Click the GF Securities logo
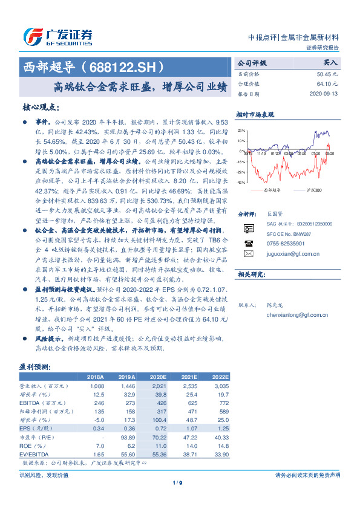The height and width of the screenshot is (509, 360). pyautogui.click(x=57, y=36)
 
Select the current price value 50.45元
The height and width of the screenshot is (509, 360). pyautogui.click(x=327, y=74)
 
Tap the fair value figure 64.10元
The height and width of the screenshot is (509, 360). pyautogui.click(x=327, y=84)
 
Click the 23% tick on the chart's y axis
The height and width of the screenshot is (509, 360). pyautogui.click(x=241, y=130)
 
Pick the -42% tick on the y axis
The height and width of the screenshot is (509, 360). pyautogui.click(x=241, y=182)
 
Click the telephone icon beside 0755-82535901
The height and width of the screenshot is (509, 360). pyautogui.click(x=247, y=242)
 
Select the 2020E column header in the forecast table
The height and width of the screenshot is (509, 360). pyautogui.click(x=157, y=377)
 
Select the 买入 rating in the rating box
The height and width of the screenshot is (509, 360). pyautogui.click(x=330, y=63)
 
